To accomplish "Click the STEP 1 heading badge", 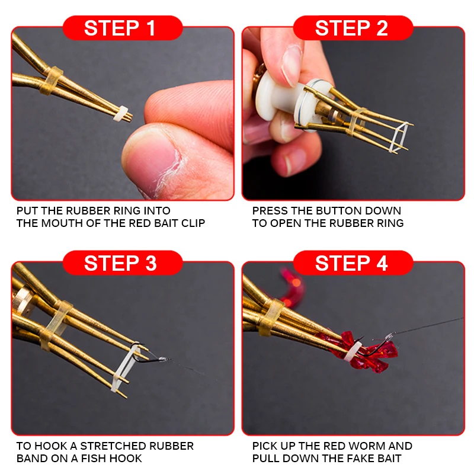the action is tap(123, 28).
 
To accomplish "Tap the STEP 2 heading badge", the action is tap(353, 28).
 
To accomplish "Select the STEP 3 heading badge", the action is tap(123, 262).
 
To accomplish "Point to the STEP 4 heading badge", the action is tap(353, 262).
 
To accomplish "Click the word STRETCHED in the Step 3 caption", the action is tap(113, 446).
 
